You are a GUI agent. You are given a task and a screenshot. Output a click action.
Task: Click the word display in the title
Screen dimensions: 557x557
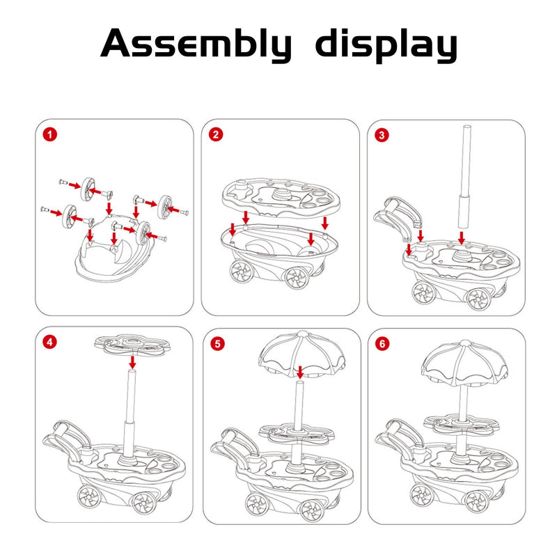(386, 47)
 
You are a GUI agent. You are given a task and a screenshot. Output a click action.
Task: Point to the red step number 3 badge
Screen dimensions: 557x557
(381, 134)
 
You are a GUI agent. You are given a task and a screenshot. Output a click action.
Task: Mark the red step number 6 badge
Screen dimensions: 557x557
(381, 343)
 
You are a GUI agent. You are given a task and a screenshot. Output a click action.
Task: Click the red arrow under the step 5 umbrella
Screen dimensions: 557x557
(300, 372)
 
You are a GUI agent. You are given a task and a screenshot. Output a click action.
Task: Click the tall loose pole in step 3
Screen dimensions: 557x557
(463, 181)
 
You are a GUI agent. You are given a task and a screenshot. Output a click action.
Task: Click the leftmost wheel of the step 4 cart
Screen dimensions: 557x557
(90, 498)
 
